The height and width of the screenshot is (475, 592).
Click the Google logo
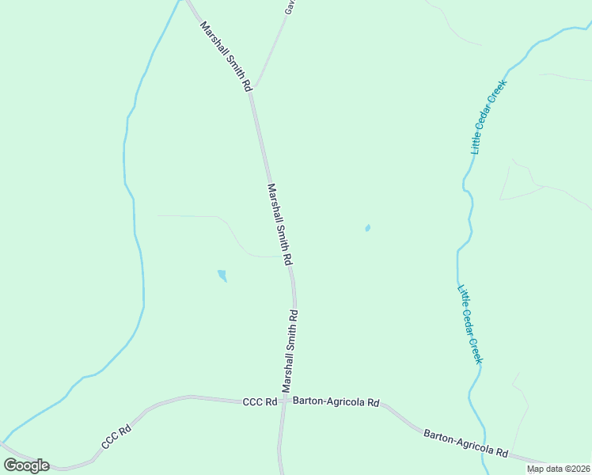[26, 465]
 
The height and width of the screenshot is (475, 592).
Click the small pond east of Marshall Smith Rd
[367, 229]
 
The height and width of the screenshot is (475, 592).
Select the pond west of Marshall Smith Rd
[222, 275]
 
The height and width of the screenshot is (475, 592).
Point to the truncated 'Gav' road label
[290, 7]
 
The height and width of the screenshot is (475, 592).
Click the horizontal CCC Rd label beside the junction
[260, 402]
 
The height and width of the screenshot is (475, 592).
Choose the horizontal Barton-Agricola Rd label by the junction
[336, 402]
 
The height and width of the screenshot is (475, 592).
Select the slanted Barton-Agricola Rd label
[465, 443]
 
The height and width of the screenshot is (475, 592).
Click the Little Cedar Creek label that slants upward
[488, 116]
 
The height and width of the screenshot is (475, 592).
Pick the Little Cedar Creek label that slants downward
[470, 325]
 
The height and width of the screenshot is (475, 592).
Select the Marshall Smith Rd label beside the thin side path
[280, 224]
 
